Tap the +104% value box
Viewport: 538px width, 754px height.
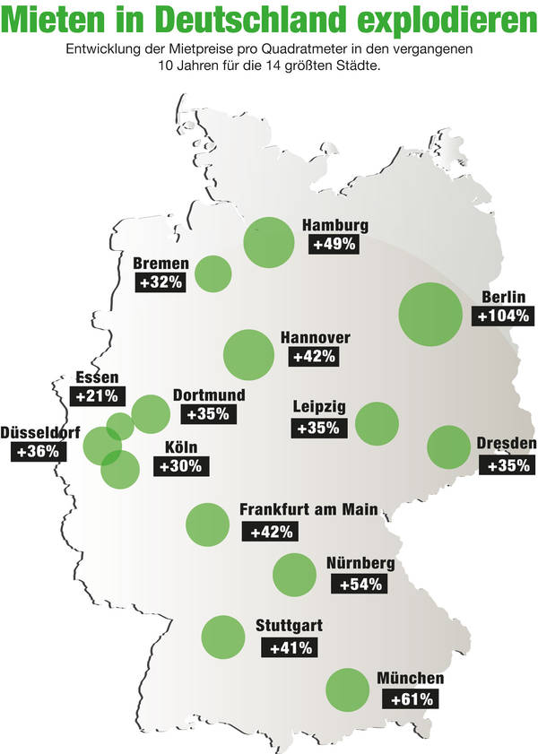coord(504,316)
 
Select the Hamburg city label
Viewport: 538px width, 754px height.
coord(335,226)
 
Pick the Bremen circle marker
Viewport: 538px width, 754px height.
coord(213,273)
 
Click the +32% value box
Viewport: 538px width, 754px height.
coord(161,282)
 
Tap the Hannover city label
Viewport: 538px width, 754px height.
coord(315,338)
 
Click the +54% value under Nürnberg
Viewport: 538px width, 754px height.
coord(360,585)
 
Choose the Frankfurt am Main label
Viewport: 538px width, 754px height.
coord(308,511)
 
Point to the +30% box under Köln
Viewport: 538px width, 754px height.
coord(183,466)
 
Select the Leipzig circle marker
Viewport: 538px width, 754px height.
coord(377,424)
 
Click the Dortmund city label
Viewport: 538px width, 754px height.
coord(208,395)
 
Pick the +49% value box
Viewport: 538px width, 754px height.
coord(334,244)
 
